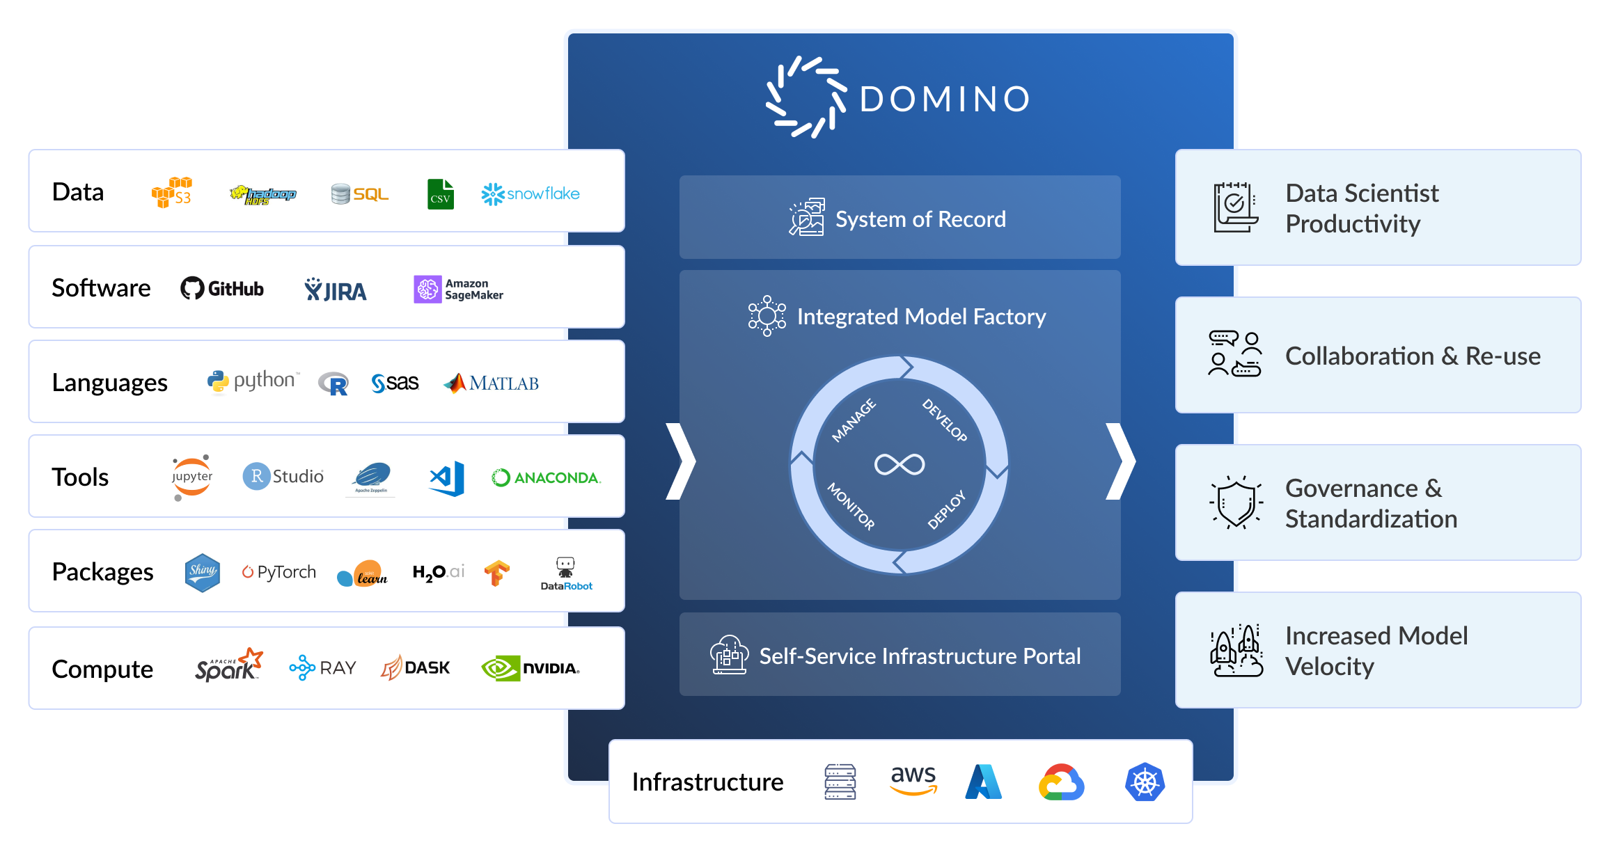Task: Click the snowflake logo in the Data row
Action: pyautogui.click(x=531, y=193)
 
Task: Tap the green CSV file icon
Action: pyautogui.click(x=440, y=194)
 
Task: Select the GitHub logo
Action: pyautogui.click(x=222, y=288)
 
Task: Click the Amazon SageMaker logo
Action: pyautogui.click(x=458, y=289)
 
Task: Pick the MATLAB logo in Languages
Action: pyautogui.click(x=492, y=383)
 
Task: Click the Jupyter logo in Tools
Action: pyautogui.click(x=191, y=477)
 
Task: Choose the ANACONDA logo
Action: pyautogui.click(x=546, y=477)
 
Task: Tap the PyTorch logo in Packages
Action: pyautogui.click(x=279, y=572)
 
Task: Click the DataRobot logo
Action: pyautogui.click(x=566, y=574)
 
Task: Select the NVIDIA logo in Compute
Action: pyautogui.click(x=531, y=668)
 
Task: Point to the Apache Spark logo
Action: pyautogui.click(x=228, y=666)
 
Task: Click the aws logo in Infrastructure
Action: pyautogui.click(x=913, y=779)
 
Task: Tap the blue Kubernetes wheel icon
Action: pyautogui.click(x=1145, y=782)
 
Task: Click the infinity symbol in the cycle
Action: pyautogui.click(x=900, y=464)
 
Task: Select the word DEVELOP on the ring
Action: pyautogui.click(x=945, y=420)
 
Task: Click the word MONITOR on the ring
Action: pyautogui.click(x=851, y=507)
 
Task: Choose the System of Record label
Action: pyautogui.click(x=920, y=219)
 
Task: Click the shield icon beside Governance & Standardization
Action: pyautogui.click(x=1236, y=502)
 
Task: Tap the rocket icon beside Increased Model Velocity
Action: pyautogui.click(x=1236, y=651)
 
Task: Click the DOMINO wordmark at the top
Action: pyautogui.click(x=944, y=99)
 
